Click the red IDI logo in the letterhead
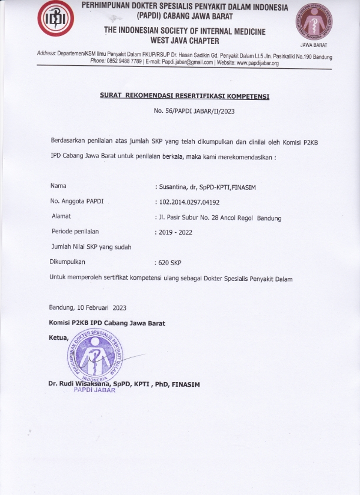coord(56,21)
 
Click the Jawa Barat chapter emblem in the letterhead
coord(314,22)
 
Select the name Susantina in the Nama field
coord(171,186)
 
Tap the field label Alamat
coord(62,217)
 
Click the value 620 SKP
coord(169,263)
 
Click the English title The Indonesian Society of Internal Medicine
coord(185,31)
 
